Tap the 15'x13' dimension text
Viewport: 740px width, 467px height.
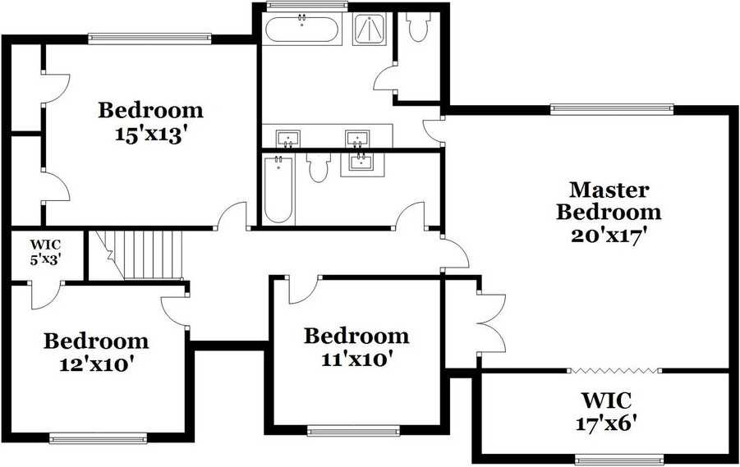(150, 134)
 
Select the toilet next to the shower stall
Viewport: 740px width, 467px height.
(417, 29)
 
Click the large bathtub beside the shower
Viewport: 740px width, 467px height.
(301, 30)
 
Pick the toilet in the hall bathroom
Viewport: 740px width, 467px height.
(318, 168)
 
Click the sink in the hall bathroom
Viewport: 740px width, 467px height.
(359, 162)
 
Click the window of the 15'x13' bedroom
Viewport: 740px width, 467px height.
(150, 37)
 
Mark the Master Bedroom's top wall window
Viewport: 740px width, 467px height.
(611, 108)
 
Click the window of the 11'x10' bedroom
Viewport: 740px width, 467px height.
(353, 430)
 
